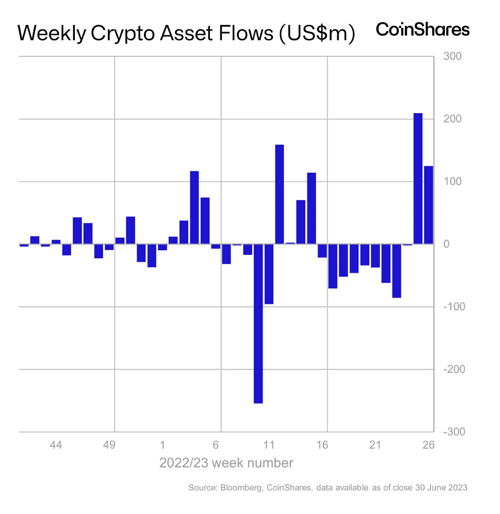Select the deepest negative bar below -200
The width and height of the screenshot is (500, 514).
point(258,323)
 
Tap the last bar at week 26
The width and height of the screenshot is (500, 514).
point(429,205)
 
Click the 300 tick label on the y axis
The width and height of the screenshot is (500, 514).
point(453,56)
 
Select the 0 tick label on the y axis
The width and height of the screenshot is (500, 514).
point(447,244)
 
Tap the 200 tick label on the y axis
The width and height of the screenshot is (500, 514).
point(453,119)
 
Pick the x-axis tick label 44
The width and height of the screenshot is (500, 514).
point(56,445)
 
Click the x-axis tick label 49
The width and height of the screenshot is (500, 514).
point(109,445)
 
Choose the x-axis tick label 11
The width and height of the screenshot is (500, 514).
point(269,445)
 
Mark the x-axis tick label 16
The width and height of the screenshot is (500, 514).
point(322,445)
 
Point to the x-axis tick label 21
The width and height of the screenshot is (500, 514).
point(375,445)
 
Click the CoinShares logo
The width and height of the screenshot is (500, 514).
point(423,30)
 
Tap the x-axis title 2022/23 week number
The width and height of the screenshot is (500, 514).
point(226,463)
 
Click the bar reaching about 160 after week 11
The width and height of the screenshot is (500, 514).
point(279,194)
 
